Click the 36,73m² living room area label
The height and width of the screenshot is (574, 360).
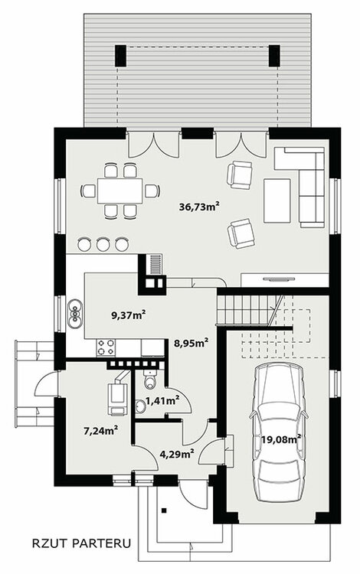(x=199, y=207)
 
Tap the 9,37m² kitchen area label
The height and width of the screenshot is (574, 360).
(x=129, y=315)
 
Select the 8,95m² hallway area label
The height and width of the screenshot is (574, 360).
(x=191, y=343)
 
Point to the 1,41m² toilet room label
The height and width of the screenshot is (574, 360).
(x=162, y=400)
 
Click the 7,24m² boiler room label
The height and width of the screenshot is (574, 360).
(x=100, y=431)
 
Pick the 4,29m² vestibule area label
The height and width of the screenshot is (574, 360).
(x=177, y=455)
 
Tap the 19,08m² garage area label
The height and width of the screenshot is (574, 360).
(x=281, y=439)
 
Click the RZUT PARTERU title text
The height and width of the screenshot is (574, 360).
(x=81, y=543)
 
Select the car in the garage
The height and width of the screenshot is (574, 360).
(x=278, y=432)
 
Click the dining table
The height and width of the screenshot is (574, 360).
(x=119, y=191)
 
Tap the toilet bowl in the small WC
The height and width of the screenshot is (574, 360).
(x=149, y=380)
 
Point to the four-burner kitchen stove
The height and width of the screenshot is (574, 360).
(x=106, y=347)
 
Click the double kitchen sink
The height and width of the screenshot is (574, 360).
(x=75, y=313)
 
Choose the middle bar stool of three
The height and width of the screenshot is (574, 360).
(x=103, y=244)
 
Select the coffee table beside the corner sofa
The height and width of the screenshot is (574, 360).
(x=277, y=201)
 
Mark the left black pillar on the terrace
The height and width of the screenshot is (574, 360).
(x=121, y=56)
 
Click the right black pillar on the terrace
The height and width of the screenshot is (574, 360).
(x=274, y=56)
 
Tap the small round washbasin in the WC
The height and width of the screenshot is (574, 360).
(x=140, y=406)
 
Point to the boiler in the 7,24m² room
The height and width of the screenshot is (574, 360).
(x=117, y=399)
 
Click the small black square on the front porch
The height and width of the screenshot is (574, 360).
(x=165, y=510)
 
